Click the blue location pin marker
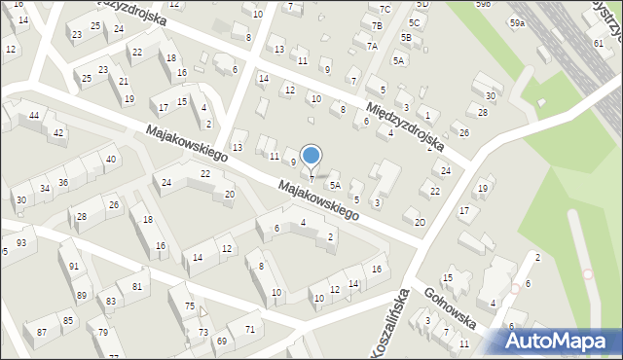[x=311, y=156]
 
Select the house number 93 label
[x=21, y=242]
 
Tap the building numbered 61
[x=597, y=44]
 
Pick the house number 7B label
[x=377, y=25]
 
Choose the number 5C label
[x=415, y=22]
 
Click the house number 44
[x=34, y=116]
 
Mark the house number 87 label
[x=42, y=333]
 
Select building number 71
[x=250, y=329]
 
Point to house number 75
[x=189, y=306]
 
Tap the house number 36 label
[x=63, y=182]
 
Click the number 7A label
[x=372, y=46]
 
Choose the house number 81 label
[x=137, y=286]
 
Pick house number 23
[x=77, y=35]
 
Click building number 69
[x=222, y=341]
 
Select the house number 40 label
[x=111, y=159]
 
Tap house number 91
[x=74, y=267]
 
